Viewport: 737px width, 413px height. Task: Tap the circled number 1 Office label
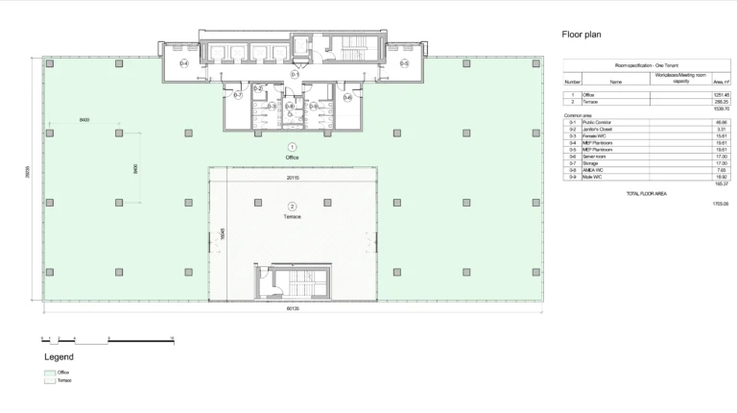point(293,144)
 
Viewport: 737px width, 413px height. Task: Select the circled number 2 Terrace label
point(293,206)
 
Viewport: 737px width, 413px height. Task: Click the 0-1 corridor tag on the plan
point(296,74)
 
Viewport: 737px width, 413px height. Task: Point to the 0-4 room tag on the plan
point(184,63)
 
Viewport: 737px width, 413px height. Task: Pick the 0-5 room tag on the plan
point(404,63)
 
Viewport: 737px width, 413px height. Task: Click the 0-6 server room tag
point(347,97)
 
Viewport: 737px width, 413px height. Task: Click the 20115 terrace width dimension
point(293,177)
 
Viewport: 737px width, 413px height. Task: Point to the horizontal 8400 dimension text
point(84,119)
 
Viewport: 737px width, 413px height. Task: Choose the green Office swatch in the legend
point(49,372)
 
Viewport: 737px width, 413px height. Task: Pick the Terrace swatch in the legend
point(49,380)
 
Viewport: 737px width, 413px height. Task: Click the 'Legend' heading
point(59,356)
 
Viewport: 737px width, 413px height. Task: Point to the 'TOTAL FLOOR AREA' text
point(646,193)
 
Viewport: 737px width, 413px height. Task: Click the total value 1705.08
point(721,204)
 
